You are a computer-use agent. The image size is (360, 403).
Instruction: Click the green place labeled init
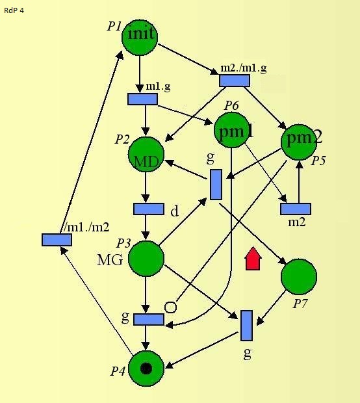pos(140,37)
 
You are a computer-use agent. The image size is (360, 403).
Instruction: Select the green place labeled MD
pos(146,154)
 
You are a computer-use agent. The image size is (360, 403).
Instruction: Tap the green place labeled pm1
pos(232,130)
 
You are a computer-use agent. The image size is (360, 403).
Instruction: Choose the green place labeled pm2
pos(299,142)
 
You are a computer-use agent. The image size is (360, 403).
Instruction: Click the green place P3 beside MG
pos(146,259)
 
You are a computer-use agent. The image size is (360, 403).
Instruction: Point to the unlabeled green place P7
pos(299,276)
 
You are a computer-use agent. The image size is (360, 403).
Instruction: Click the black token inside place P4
pos(146,369)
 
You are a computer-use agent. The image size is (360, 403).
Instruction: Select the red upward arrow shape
pos(253,259)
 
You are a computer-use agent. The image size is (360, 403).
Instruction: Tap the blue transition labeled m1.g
pos(142,99)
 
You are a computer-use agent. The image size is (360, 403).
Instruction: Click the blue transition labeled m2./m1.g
pos(235,81)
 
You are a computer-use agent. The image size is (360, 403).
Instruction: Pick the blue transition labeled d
pos(149,209)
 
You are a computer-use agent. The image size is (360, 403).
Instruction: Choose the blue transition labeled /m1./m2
pos(57,240)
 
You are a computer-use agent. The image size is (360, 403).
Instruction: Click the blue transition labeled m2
pos(296,209)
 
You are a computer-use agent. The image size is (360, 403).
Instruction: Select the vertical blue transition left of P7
pos(246,326)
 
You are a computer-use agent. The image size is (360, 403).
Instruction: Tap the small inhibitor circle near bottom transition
pos(170,307)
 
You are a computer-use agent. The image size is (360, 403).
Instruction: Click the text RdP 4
pos(14,10)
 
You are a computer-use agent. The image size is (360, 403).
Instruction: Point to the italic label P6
pos(231,106)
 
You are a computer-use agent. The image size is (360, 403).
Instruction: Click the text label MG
pos(110,260)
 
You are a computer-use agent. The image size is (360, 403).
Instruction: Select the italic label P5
pos(318,161)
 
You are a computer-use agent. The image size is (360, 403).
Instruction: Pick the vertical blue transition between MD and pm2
pos(216,185)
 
